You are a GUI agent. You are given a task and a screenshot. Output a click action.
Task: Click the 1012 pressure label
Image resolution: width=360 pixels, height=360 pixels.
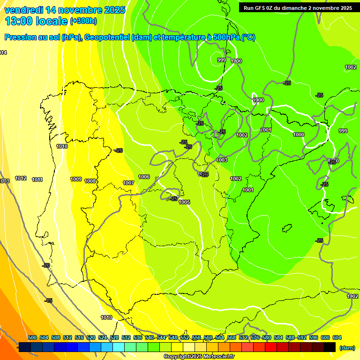21,179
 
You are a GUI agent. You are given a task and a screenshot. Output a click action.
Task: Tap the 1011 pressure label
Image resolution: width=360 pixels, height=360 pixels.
37,180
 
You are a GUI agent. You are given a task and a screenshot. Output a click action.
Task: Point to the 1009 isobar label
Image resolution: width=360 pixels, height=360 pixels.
76,180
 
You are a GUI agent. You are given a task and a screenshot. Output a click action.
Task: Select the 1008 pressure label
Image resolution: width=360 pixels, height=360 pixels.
90,181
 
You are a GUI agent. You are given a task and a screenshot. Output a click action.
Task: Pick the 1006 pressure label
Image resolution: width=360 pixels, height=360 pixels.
144,177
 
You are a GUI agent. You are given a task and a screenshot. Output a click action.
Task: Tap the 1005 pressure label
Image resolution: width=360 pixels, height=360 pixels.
184,202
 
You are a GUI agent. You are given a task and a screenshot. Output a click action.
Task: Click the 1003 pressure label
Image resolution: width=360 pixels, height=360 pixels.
222,160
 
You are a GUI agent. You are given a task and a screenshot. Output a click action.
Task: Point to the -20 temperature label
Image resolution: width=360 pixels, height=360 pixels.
46,266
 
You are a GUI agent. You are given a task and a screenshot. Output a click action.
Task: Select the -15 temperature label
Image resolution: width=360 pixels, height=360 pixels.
48,300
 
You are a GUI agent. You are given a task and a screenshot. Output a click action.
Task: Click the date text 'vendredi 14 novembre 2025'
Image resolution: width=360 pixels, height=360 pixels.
65,10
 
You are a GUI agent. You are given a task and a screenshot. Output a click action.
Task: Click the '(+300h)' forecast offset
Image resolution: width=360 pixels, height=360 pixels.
83,21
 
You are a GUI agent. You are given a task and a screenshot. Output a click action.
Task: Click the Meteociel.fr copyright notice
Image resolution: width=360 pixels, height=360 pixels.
199,357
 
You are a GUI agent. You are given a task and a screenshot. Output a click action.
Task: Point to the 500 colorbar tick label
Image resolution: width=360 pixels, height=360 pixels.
32,338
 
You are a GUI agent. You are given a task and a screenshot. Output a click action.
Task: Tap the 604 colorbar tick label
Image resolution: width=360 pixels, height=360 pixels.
337,338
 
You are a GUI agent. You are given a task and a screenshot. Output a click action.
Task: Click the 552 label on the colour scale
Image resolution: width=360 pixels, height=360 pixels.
185,338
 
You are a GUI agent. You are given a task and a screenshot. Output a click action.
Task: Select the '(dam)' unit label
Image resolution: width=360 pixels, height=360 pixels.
347,348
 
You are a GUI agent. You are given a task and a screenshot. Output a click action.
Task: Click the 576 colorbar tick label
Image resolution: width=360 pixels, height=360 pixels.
255,338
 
